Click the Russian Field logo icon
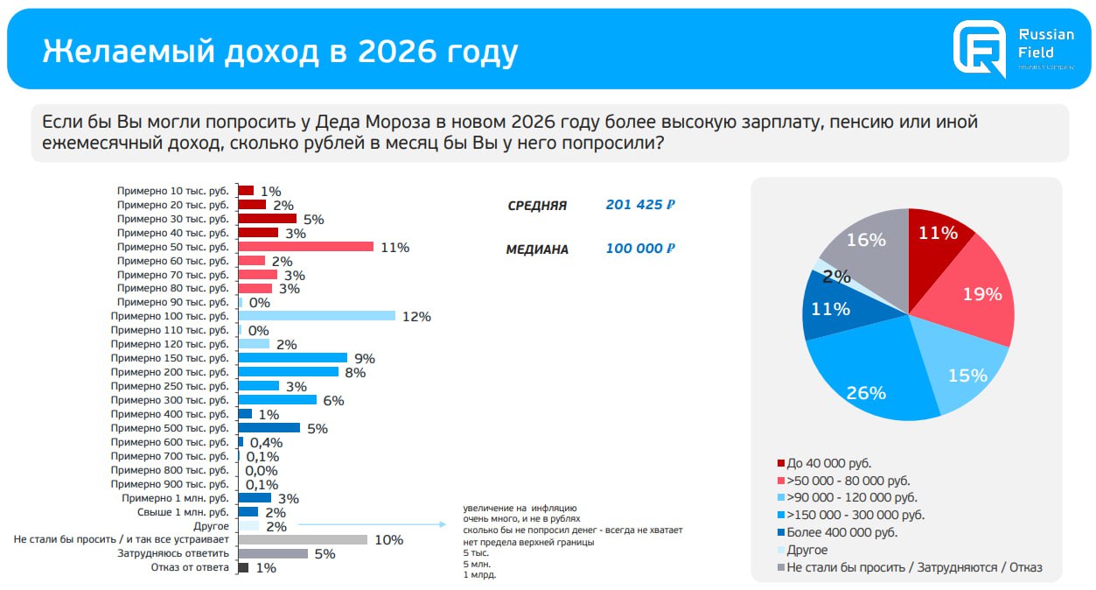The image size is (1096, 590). coord(980,50)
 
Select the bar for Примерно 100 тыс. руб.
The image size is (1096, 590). coord(317,316)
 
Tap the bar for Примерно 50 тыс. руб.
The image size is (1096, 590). coord(305,247)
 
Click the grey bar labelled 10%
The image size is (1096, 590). coord(303,539)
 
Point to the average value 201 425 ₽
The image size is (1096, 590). coord(640,205)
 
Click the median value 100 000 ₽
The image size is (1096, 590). coord(640,249)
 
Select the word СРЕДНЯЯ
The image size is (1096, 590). coord(537,207)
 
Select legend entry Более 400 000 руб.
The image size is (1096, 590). coord(841,532)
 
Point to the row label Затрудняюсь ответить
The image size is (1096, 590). coord(173,553)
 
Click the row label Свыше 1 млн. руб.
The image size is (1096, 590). coord(184,512)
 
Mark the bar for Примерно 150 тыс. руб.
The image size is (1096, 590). coord(293,358)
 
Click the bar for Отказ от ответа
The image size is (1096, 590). coord(243,567)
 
